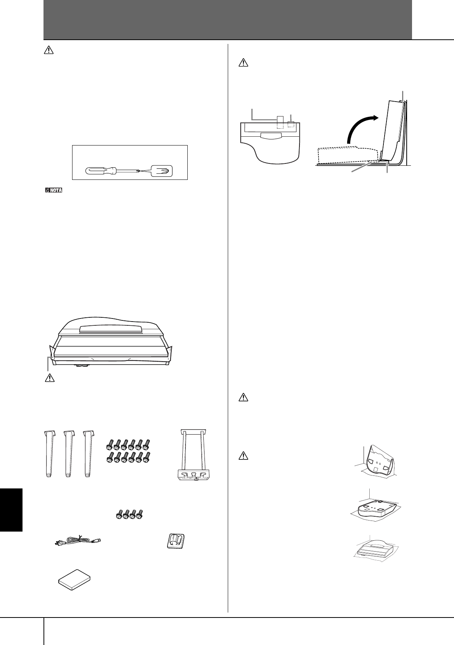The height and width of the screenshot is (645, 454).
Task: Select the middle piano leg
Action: point(68,454)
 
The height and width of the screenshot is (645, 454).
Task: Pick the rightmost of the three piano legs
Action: point(88,454)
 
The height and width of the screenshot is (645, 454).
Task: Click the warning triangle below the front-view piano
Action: point(47,378)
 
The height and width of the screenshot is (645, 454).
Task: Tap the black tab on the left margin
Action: point(11,509)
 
